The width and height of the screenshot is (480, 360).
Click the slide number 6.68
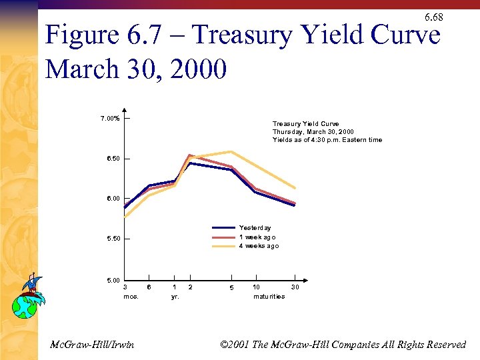coord(433,17)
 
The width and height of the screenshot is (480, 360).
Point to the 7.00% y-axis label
coord(110,119)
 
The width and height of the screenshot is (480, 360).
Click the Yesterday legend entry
coord(255,228)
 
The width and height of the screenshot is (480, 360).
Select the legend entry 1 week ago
coord(257,237)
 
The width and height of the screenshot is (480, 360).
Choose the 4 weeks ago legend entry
coord(259,246)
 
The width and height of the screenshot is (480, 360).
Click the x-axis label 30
coord(295,287)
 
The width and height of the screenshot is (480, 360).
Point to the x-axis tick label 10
coord(256,287)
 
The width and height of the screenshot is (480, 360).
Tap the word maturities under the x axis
coord(269,296)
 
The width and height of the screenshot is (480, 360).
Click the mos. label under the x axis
coord(131,296)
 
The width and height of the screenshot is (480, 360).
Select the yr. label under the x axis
coord(175,296)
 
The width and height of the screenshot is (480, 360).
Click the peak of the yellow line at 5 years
coord(231,151)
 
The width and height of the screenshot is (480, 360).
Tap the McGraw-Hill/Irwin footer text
coord(92,344)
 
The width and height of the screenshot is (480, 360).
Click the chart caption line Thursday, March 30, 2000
coord(313,132)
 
